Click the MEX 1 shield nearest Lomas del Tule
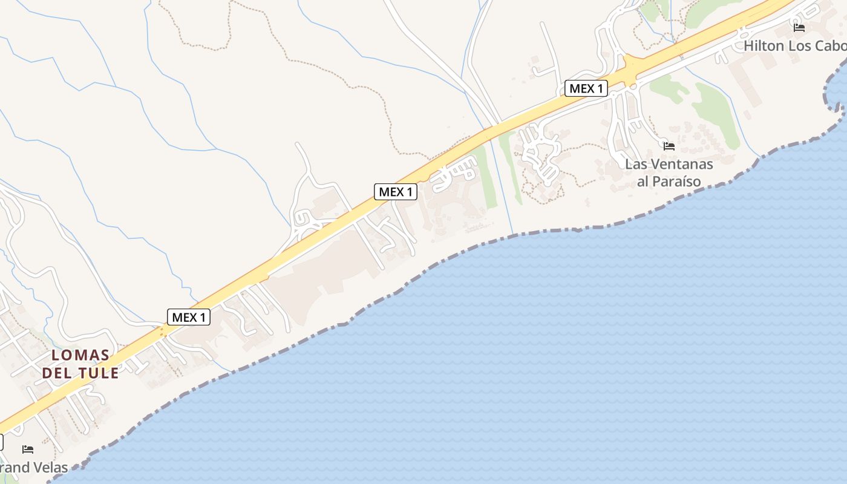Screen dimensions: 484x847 [189, 317]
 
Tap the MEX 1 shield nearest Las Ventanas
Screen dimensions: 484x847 [586, 88]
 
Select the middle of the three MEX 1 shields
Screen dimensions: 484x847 [396, 192]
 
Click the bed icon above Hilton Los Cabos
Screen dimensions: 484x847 [799, 27]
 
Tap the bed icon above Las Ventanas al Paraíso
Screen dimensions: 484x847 [669, 146]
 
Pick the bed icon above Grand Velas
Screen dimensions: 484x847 [28, 450]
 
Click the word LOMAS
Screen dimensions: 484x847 [80, 355]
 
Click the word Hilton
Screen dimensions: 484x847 [764, 46]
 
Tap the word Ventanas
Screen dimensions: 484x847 [679, 165]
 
